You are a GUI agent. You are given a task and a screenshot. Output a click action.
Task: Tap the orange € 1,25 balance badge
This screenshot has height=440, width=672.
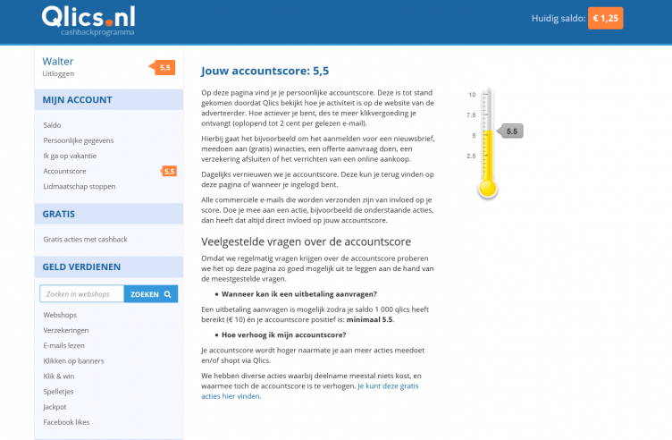[x=605, y=18]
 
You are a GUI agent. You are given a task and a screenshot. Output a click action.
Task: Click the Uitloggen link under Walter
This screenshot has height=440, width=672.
[x=58, y=73]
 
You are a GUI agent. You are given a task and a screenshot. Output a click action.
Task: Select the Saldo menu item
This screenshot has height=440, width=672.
[x=53, y=125]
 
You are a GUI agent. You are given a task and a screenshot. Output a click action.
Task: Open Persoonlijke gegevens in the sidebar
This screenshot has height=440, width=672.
[x=79, y=140]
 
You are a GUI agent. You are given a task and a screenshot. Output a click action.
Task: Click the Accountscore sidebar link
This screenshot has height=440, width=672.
[x=64, y=171]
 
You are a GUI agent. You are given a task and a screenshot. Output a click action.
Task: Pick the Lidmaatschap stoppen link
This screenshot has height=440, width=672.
[x=80, y=186]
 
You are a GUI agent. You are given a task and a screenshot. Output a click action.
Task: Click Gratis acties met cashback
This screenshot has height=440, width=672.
[x=85, y=239]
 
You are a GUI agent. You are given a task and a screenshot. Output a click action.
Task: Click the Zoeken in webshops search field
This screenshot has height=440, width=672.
[x=81, y=293]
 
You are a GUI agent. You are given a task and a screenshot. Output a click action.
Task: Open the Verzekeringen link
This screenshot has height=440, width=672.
[x=66, y=330]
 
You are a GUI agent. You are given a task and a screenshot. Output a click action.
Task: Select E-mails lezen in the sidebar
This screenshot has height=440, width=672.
[x=64, y=345]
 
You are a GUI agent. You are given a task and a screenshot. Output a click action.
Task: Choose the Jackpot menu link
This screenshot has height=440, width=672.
[x=55, y=407]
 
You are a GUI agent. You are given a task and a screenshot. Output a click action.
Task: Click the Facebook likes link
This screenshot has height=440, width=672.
[x=66, y=422]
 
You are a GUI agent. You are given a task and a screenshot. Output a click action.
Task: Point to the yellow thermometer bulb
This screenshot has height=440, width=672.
[x=487, y=188]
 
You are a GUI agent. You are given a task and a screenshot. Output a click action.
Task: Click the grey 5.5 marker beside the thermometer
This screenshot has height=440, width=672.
[x=510, y=131]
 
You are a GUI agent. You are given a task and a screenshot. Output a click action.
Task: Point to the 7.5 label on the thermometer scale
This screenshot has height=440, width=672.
[x=470, y=115]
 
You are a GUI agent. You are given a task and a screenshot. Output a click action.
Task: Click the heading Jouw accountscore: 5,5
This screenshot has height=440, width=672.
[x=265, y=71]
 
